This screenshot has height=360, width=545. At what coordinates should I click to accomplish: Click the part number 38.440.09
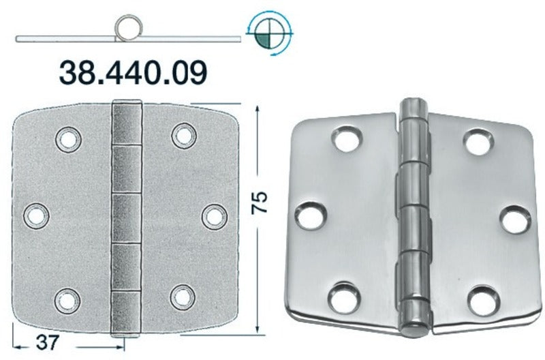(133, 73)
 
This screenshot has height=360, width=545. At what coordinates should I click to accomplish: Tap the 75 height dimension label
(260, 202)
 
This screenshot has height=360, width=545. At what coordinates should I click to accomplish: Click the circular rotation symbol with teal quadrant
(270, 35)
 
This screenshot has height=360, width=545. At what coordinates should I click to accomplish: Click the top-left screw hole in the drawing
(68, 140)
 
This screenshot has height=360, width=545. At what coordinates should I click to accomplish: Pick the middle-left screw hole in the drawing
(36, 216)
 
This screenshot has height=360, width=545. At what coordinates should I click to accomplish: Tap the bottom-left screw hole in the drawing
(67, 300)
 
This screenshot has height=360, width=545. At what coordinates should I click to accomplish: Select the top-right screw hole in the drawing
(184, 136)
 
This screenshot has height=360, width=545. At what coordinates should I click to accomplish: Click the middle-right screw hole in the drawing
(215, 217)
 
